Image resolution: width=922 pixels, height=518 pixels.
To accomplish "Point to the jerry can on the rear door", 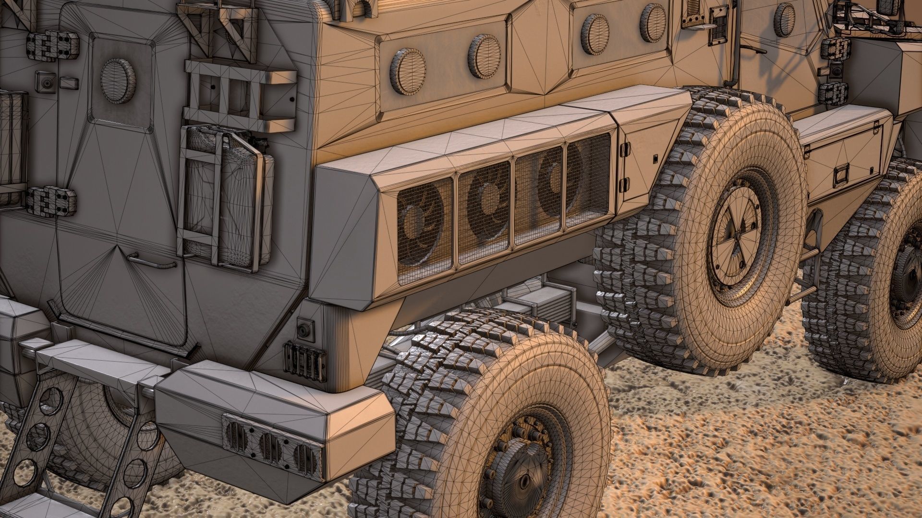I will coord(226,197).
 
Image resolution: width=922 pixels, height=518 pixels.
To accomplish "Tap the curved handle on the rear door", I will coord(153,262).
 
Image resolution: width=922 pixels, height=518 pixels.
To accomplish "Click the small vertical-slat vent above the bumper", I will coord(304,358).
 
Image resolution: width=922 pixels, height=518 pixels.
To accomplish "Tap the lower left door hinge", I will coord(51,200).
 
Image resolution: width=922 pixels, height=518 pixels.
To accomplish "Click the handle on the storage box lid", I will coord(841,176).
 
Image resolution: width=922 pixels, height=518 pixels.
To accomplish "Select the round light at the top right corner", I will coord(784,20).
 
